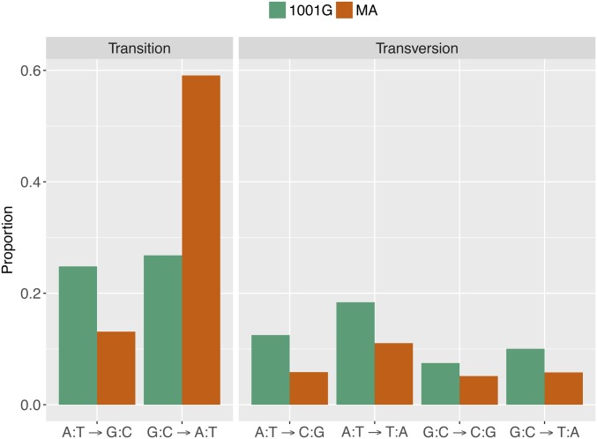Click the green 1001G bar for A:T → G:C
pos(78,335)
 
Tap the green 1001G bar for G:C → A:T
pos(163,330)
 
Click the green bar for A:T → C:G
pos(271,369)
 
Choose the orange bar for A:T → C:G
pos(309,388)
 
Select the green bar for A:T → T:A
pos(355,353)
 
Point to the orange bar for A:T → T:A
pos(393,374)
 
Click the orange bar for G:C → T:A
pos(563,388)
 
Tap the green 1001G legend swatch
pos(278,11)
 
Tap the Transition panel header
pos(138,48)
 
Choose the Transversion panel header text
pos(416,48)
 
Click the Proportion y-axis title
pos(9,238)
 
